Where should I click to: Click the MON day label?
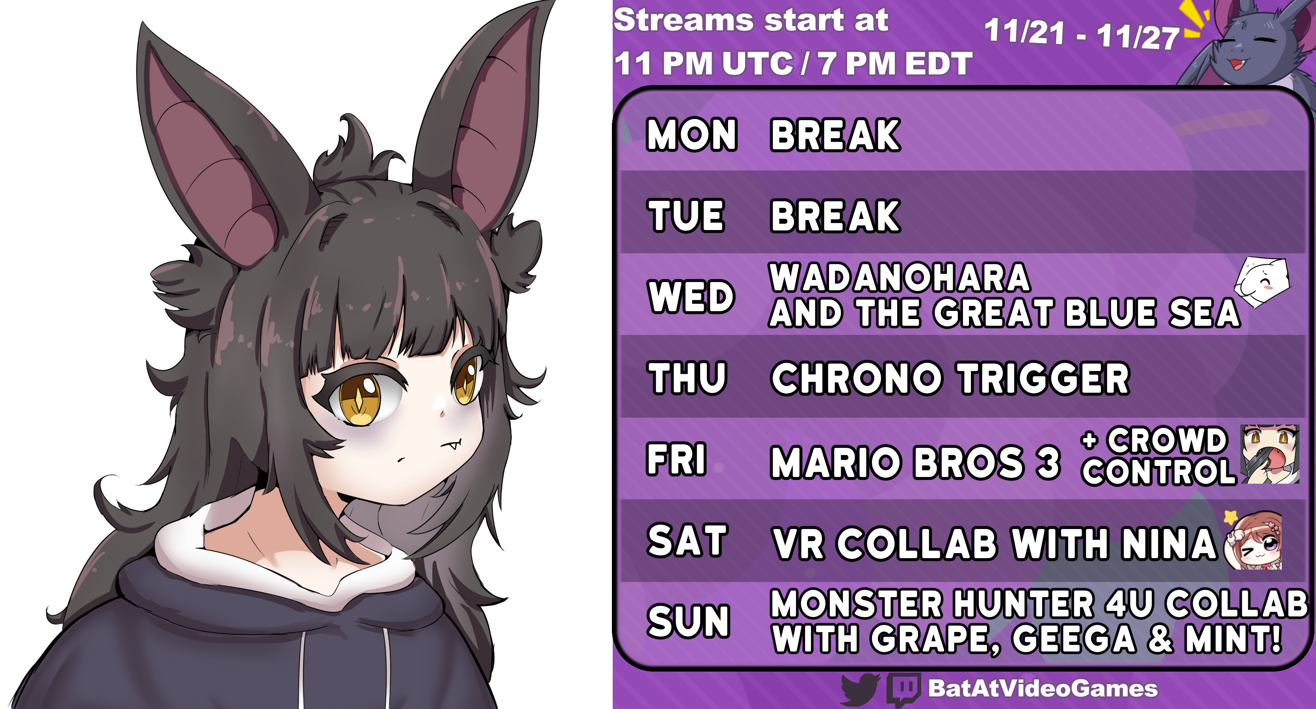click(692, 134)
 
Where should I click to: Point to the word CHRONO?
click(857, 379)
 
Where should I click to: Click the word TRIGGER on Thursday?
click(1044, 379)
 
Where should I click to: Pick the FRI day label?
click(677, 459)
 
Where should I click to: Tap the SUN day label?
click(688, 621)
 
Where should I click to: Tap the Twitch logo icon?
click(904, 690)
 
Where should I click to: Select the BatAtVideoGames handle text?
click(1043, 688)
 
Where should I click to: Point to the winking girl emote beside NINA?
click(1254, 540)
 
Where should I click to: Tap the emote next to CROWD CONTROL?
click(1270, 454)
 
